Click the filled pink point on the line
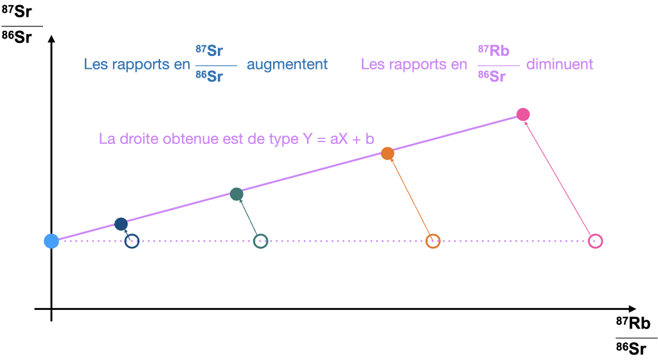tap(523, 114)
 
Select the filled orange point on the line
tap(387, 154)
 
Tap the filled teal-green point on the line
tap(236, 194)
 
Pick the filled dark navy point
tap(121, 224)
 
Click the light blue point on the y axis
tap(51, 241)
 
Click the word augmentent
tap(287, 64)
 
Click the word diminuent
tap(560, 64)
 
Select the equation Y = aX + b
tap(338, 138)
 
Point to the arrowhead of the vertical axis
tap(51, 39)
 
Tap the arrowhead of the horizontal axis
tap(632, 309)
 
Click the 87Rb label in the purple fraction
tap(493, 51)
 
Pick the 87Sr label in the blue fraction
tap(209, 51)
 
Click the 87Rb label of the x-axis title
tap(633, 323)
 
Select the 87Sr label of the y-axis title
tap(16, 12)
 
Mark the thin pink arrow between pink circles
tap(558, 178)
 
